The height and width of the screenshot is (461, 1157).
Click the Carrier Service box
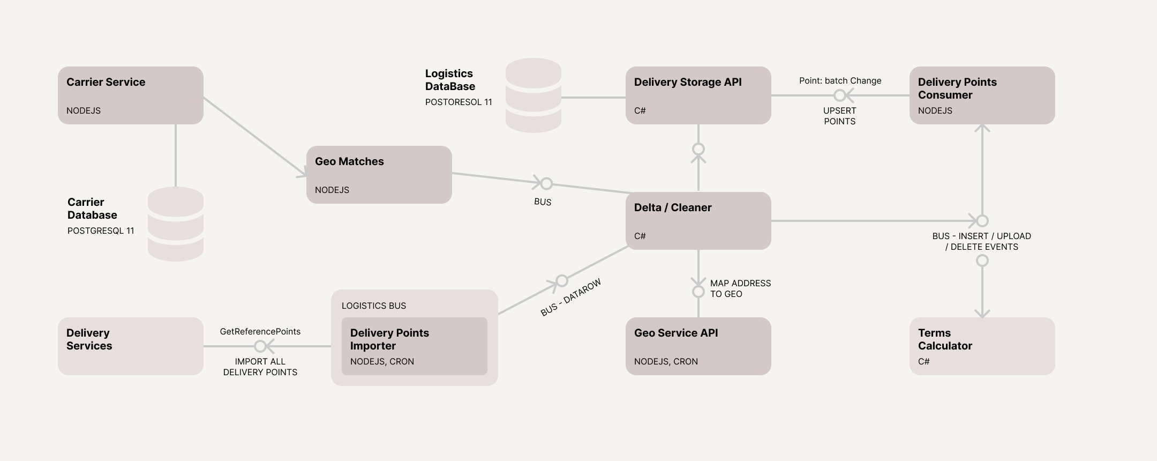[130, 95]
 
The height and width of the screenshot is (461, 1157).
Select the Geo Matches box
[379, 175]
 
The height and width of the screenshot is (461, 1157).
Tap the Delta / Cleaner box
[698, 221]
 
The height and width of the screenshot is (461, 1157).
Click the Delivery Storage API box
[698, 95]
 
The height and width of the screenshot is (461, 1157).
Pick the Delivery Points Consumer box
[982, 95]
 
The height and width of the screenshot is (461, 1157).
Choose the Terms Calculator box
[982, 346]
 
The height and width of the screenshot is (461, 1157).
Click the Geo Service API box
[698, 346]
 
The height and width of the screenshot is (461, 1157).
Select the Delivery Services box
[130, 346]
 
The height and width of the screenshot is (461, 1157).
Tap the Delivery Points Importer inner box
[414, 346]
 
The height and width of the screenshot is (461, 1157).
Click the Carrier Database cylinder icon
[176, 224]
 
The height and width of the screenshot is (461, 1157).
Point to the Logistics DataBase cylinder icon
[534, 95]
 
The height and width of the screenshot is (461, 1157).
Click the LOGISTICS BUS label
[374, 306]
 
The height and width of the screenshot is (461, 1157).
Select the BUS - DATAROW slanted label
[571, 298]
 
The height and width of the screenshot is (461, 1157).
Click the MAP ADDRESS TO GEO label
[740, 288]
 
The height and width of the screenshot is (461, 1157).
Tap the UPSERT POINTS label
[839, 116]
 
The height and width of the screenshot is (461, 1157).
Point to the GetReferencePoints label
[260, 332]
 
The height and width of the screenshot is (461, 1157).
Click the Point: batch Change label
[840, 81]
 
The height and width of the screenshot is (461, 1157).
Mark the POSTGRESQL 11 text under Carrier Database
[101, 231]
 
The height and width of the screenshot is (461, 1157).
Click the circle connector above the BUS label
[546, 184]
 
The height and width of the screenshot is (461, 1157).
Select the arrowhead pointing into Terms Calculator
[982, 313]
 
